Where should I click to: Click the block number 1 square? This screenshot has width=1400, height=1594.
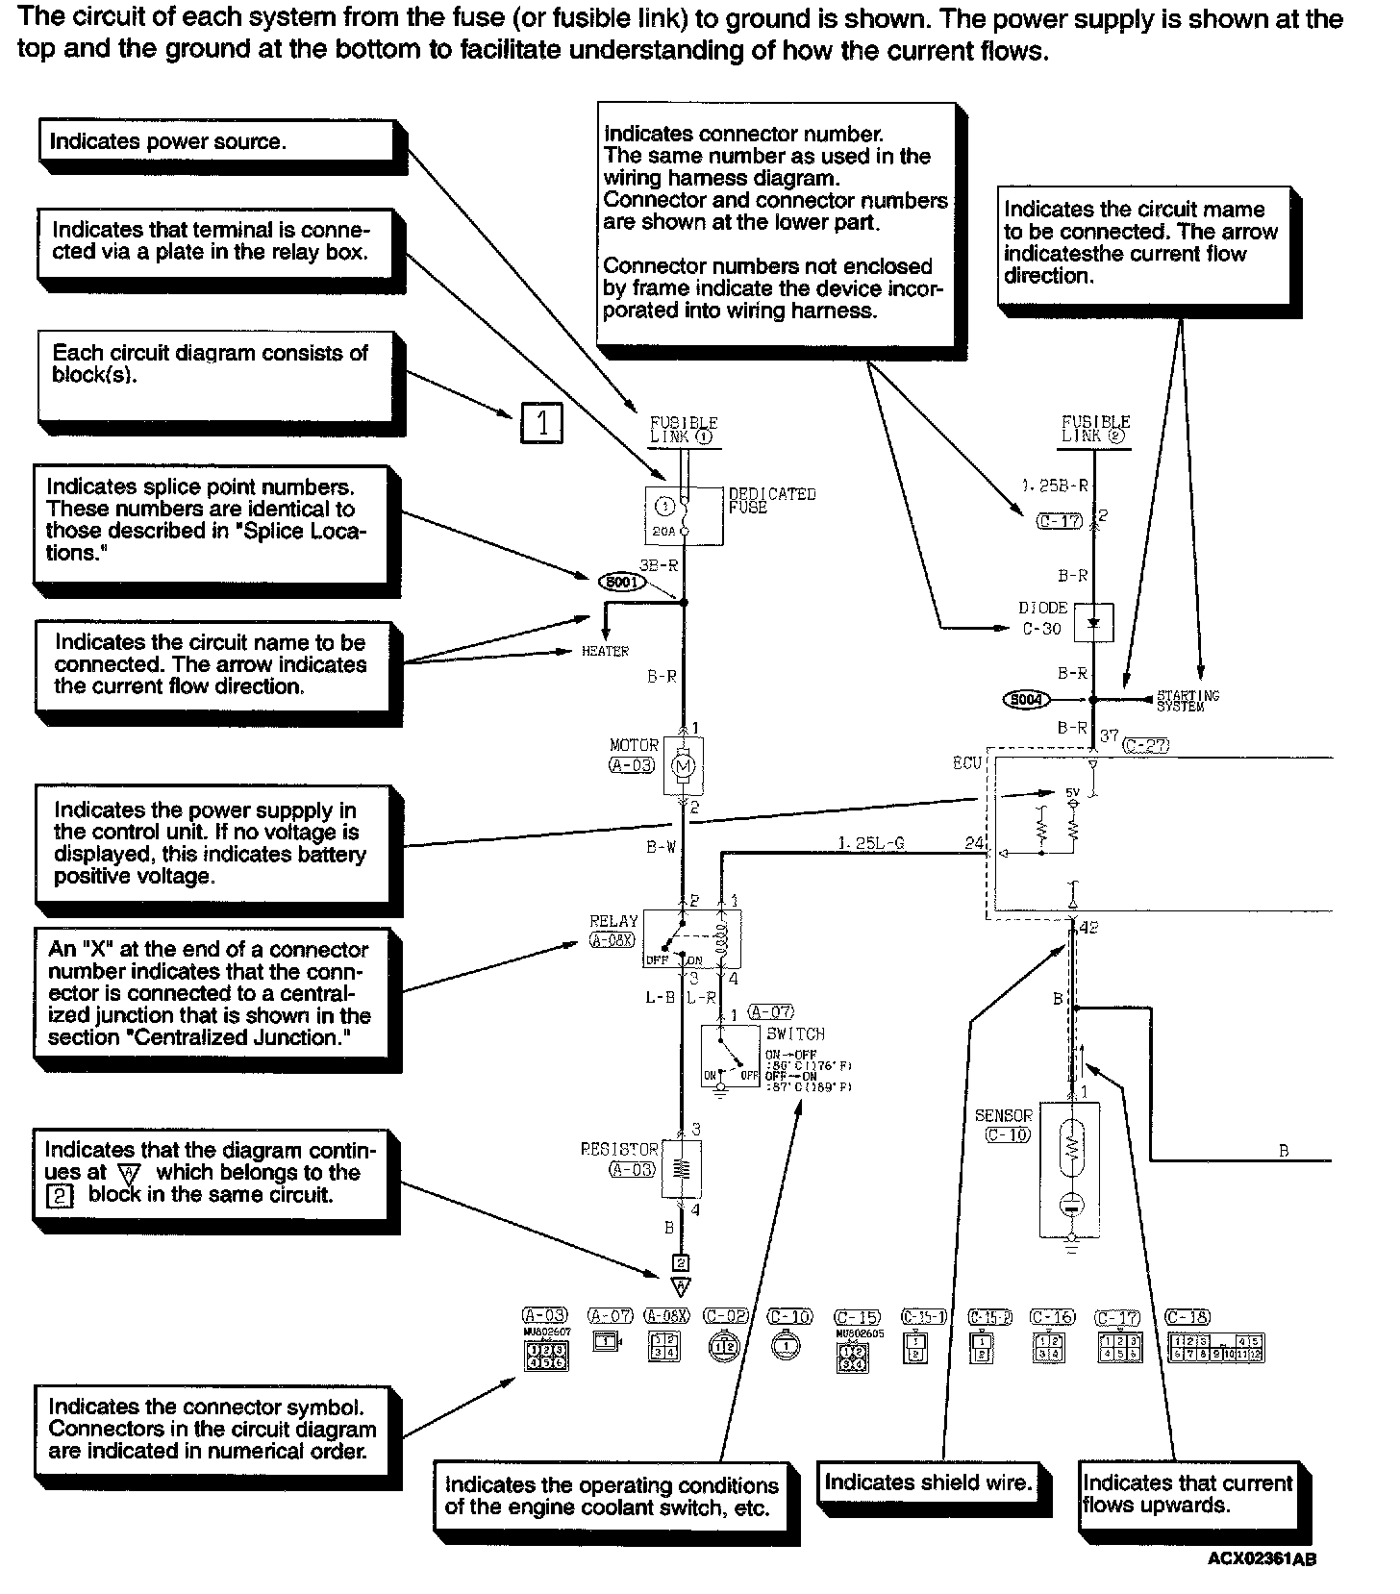541,423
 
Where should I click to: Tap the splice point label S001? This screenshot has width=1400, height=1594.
621,582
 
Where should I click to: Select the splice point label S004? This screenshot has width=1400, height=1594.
1026,700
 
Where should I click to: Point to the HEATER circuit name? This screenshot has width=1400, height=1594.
605,652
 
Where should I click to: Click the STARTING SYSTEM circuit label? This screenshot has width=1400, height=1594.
1187,700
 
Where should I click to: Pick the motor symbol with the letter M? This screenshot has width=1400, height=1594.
684,766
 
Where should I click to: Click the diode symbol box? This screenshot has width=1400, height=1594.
1092,623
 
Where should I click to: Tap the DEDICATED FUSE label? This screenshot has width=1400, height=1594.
771,500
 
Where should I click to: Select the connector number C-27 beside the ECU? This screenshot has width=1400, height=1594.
1144,745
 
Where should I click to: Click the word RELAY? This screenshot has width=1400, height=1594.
614,921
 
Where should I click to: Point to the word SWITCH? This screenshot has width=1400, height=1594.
795,1034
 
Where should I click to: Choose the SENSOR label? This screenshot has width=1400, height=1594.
1003,1115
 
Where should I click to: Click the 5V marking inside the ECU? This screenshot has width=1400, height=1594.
1073,793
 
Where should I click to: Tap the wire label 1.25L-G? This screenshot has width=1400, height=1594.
870,844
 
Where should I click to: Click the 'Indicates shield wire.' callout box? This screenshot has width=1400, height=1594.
928,1482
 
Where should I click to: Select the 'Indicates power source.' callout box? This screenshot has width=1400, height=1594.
216,141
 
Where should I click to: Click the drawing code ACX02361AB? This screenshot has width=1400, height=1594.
1262,1558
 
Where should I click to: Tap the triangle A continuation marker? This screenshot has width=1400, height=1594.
681,1285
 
